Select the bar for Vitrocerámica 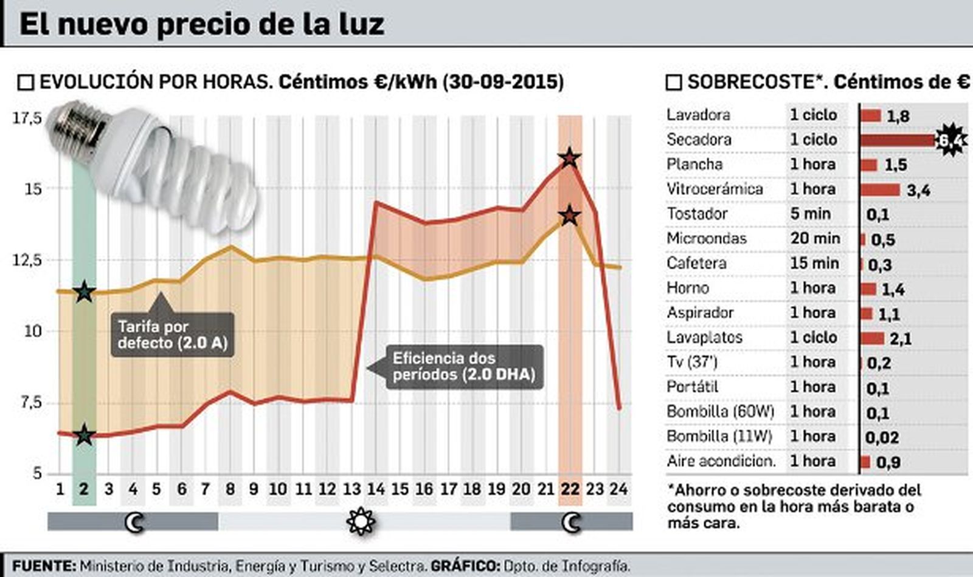click(x=880, y=189)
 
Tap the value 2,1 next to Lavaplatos click(x=901, y=338)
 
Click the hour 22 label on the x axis click(x=570, y=489)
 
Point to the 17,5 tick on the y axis click(x=27, y=118)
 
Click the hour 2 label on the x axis click(x=84, y=489)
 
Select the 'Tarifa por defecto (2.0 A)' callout click(x=172, y=334)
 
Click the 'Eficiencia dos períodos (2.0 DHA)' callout click(x=464, y=366)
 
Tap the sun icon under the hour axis click(x=361, y=521)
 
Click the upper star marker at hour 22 click(x=570, y=158)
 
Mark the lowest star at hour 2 click(x=84, y=435)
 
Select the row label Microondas click(x=706, y=239)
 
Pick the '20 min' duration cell click(x=815, y=239)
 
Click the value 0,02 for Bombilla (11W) click(x=881, y=437)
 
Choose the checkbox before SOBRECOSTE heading click(x=674, y=83)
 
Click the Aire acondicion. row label click(x=721, y=461)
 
